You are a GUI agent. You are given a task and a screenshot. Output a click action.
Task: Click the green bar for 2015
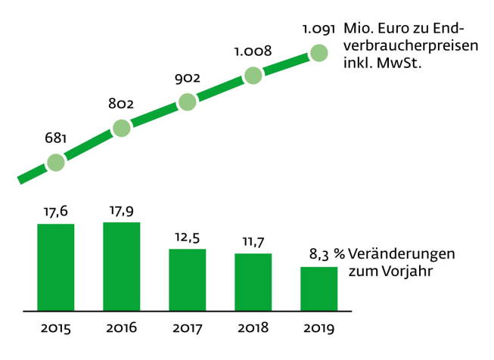[56, 267]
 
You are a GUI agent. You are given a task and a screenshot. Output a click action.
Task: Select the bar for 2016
[122, 266]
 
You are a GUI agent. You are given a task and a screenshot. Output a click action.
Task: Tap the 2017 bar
[188, 280]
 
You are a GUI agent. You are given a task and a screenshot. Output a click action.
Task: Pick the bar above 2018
[253, 282]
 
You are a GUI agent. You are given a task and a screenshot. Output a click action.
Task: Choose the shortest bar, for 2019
[318, 289]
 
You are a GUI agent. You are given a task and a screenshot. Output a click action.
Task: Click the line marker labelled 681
[56, 163]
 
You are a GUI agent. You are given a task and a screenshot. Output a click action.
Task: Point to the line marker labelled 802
[122, 128]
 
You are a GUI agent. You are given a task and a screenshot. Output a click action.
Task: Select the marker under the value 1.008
[253, 75]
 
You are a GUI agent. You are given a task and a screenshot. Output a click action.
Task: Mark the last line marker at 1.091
[318, 53]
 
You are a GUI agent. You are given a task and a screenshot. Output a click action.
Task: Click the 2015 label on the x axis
[56, 328]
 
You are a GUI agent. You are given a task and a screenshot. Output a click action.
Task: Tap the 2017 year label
[188, 328]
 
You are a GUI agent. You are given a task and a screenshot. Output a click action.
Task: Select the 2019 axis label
[318, 328]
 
